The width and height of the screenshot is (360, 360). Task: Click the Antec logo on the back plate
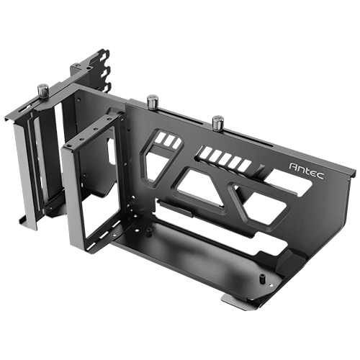[307, 171]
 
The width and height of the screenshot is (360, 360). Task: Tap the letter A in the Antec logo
[293, 166]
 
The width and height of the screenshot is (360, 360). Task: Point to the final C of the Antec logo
[320, 176]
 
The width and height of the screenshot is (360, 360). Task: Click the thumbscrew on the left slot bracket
[43, 91]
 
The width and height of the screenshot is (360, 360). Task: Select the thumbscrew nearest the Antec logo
[217, 122]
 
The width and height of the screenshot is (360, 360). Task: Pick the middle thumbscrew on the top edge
[153, 102]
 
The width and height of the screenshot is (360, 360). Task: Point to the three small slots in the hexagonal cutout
[169, 140]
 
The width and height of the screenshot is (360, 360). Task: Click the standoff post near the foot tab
[261, 279]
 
